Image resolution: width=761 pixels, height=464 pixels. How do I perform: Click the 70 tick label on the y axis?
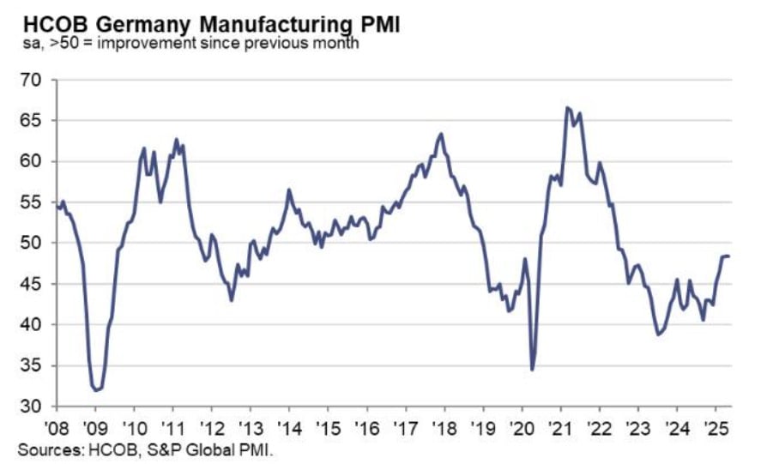[x=32, y=80]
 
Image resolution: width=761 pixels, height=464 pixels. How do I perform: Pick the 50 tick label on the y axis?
[x=32, y=243]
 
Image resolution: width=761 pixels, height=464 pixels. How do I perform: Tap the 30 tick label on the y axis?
[x=32, y=407]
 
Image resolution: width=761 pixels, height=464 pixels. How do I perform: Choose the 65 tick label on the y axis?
[x=32, y=121]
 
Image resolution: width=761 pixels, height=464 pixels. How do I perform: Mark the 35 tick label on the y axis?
[x=32, y=365]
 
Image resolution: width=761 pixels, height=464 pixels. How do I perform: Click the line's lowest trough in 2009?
[x=96, y=390]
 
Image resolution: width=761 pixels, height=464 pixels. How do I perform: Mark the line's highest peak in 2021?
[x=566, y=107]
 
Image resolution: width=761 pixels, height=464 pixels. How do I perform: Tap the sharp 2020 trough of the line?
[x=532, y=370]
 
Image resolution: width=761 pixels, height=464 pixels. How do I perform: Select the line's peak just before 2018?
[x=441, y=134]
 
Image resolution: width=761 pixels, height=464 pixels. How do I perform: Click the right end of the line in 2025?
[x=728, y=256]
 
